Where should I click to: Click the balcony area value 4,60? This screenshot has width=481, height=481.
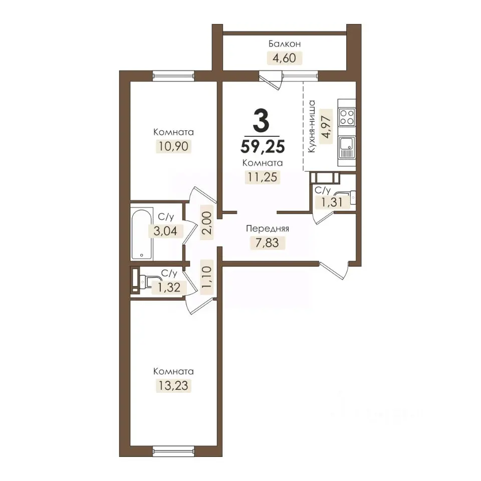pyautogui.click(x=285, y=58)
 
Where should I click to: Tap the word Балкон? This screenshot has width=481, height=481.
pyautogui.click(x=285, y=44)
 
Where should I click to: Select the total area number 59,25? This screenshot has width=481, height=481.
pyautogui.click(x=263, y=146)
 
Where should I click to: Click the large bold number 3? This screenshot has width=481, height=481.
pyautogui.click(x=262, y=121)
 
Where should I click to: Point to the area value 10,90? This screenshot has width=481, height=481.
pyautogui.click(x=173, y=146)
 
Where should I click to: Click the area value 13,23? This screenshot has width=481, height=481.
pyautogui.click(x=173, y=386)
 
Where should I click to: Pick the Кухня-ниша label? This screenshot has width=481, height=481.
pyautogui.click(x=312, y=126)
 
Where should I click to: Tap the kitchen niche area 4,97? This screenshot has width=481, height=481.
pyautogui.click(x=326, y=126)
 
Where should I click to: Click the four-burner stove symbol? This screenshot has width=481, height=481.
pyautogui.click(x=347, y=117)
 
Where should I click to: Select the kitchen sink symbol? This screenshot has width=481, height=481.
pyautogui.click(x=347, y=148)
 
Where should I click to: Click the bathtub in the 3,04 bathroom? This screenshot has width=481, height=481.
pyautogui.click(x=142, y=234)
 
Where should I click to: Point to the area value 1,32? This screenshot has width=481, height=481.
pyautogui.click(x=169, y=288)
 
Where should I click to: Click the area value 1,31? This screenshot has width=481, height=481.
pyautogui.click(x=332, y=202)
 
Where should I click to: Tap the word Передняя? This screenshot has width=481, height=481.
pyautogui.click(x=268, y=228)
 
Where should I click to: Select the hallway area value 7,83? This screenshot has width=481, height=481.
pyautogui.click(x=267, y=243)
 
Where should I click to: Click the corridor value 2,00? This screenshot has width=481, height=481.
pyautogui.click(x=207, y=223)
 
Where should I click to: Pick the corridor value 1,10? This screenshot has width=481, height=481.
pyautogui.click(x=207, y=277)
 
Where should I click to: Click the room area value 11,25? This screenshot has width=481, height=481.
pyautogui.click(x=263, y=177)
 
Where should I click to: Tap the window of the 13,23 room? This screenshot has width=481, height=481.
pyautogui.click(x=174, y=451)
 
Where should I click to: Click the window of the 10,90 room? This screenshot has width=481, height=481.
pyautogui.click(x=174, y=76)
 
